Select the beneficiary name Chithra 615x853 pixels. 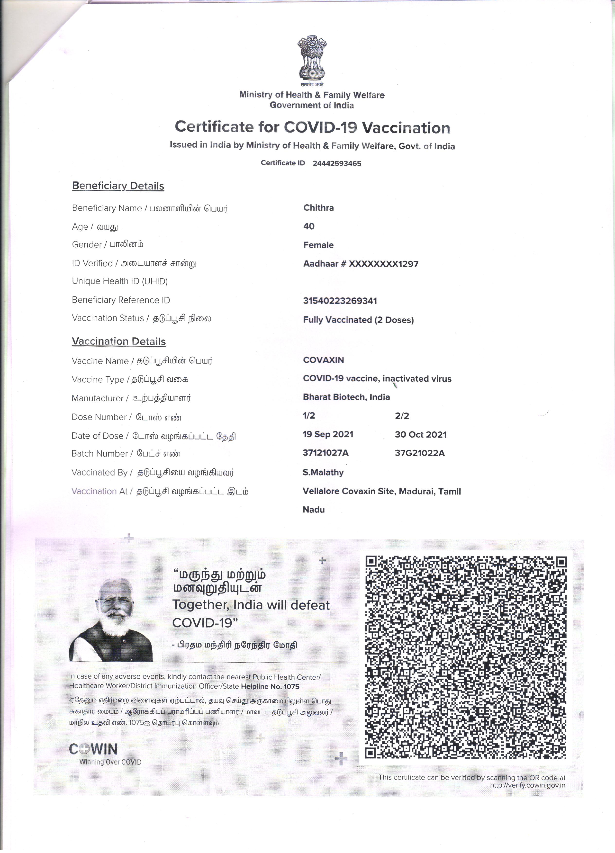(318, 208)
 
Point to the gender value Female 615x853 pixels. (318, 245)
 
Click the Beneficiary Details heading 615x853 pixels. (118, 186)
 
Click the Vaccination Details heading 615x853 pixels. (118, 341)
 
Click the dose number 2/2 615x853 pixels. (402, 416)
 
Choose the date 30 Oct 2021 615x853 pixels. (421, 435)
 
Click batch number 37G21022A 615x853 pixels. (419, 453)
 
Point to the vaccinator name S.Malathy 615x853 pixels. (323, 472)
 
